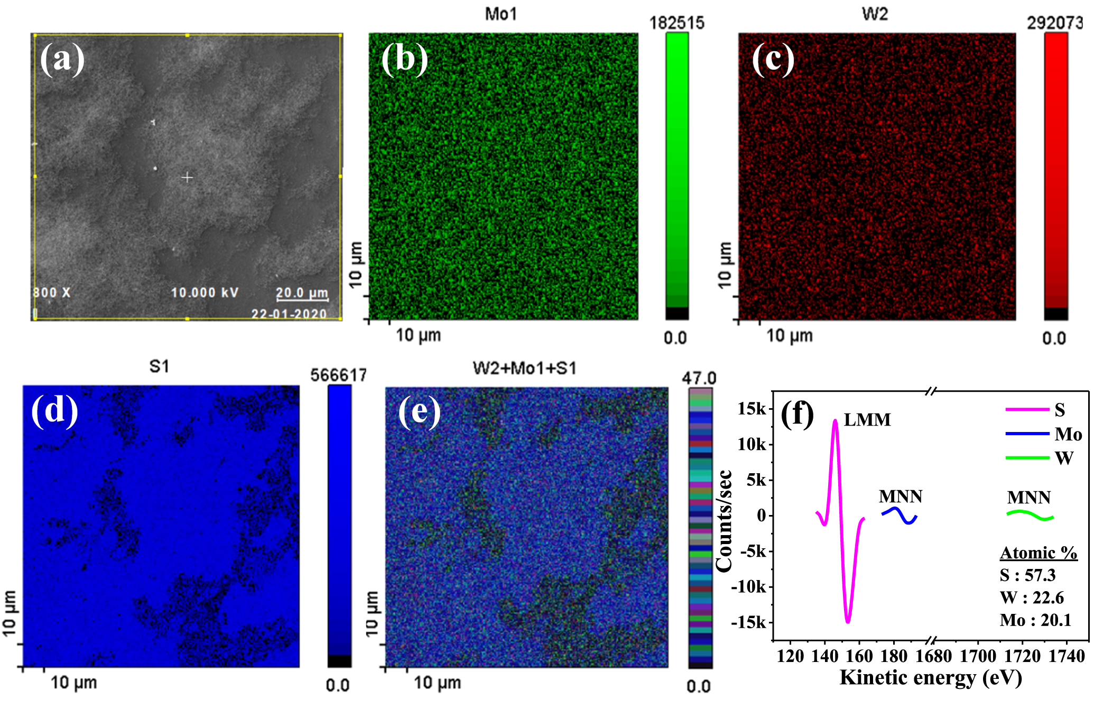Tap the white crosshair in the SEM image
pos(187,177)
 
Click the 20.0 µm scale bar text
pos(302,292)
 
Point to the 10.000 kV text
pos(205,292)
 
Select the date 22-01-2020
pos(289,314)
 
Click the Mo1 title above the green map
pos(500,14)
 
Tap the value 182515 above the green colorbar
pos(676,23)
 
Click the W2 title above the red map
pos(875,14)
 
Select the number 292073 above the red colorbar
pos(1054,23)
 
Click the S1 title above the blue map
pos(159,366)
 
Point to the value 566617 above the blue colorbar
pos(338,375)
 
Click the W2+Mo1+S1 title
pos(524,368)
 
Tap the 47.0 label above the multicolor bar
pos(699,378)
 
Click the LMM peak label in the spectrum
pos(867,420)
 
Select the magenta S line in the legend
pos(1027,410)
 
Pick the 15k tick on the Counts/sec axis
pos(752,409)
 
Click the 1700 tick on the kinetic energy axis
pos(978,656)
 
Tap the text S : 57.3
pos(1027,575)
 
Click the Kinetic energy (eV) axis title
pos(930,678)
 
